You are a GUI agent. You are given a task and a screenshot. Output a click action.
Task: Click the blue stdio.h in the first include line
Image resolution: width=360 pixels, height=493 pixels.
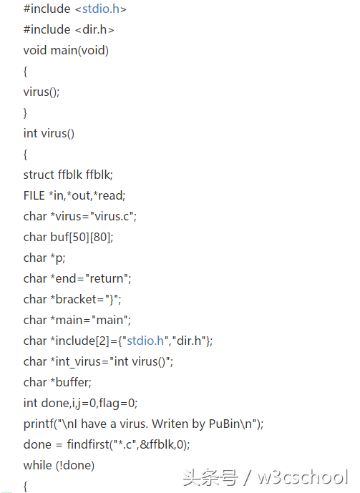click(101, 9)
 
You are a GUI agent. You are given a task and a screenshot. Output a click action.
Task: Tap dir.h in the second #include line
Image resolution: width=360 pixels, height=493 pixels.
click(94, 29)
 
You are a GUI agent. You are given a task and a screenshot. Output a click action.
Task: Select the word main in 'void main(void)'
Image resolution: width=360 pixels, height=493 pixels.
click(64, 50)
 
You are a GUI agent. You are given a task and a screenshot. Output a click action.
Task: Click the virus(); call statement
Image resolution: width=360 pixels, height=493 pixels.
click(42, 92)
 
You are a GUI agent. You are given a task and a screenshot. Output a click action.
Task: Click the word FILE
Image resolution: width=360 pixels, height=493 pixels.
click(34, 195)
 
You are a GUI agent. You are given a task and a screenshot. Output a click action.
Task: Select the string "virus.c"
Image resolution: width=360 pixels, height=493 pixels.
click(112, 216)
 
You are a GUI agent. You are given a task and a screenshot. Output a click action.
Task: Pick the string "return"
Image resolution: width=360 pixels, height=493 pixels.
click(107, 278)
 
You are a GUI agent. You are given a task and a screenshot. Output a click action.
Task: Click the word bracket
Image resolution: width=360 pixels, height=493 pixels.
click(75, 299)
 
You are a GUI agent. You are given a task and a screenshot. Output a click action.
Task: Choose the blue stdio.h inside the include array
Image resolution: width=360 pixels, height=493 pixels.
click(145, 341)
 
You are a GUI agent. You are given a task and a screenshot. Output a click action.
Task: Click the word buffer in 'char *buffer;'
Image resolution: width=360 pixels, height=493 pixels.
click(72, 382)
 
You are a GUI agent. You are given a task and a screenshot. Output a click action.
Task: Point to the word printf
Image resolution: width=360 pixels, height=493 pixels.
click(39, 424)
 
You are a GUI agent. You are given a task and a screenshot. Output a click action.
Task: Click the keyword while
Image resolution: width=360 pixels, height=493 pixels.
click(38, 465)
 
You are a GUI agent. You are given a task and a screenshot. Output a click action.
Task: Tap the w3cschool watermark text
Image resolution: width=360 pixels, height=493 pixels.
click(303, 477)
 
